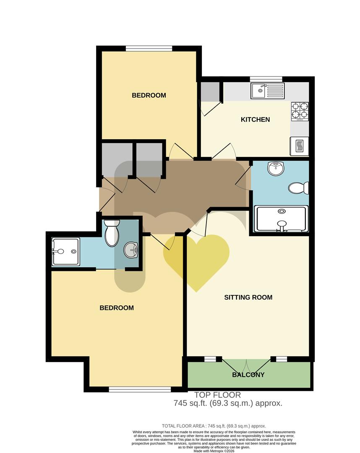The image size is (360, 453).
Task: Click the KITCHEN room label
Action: click(255, 120)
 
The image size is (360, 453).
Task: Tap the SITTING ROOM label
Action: click(248, 297)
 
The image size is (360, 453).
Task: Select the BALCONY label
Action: click(248, 375)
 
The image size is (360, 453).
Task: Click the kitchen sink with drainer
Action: click(268, 90)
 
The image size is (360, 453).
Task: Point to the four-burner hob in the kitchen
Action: click(300, 112)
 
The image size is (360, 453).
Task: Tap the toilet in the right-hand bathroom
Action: click(299, 187)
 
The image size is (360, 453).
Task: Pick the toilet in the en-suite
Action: click(112, 234)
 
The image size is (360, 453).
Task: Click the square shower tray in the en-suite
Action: click(65, 252)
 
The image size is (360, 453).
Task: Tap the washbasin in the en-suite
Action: click(131, 251)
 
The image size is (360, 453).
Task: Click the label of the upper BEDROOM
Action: click(149, 95)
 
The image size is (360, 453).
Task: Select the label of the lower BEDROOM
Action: click(117, 308)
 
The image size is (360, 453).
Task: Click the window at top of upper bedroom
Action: click(149, 48)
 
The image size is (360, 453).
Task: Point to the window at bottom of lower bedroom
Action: click(140, 389)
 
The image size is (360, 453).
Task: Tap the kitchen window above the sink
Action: click(266, 79)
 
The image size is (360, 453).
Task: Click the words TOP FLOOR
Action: click(217, 395)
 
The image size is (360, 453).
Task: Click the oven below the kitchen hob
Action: click(300, 146)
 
